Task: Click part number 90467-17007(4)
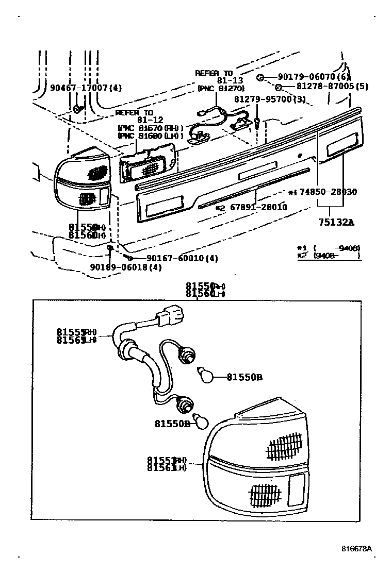(x=86, y=88)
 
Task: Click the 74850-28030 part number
(x=327, y=192)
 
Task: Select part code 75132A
(x=336, y=223)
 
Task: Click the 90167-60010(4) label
(x=175, y=258)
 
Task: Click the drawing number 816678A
(x=356, y=549)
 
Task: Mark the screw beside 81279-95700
(x=256, y=122)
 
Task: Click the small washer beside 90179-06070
(x=260, y=77)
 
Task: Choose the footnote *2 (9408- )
(x=329, y=255)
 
